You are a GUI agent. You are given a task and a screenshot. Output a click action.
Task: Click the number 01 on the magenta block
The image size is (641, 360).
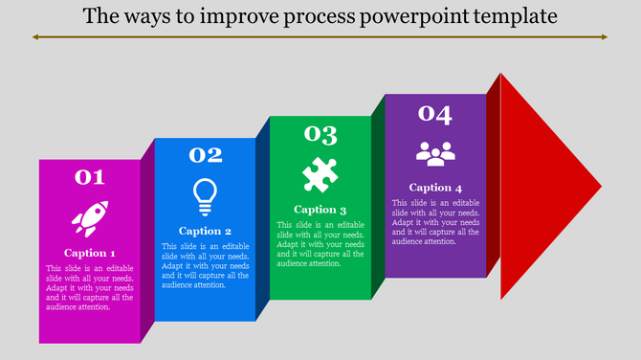pyautogui.click(x=89, y=177)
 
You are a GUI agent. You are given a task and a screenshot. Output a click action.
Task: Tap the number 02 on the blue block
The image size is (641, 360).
pyautogui.click(x=205, y=155)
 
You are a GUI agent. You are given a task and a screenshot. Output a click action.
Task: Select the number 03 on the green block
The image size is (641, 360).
pyautogui.click(x=320, y=134)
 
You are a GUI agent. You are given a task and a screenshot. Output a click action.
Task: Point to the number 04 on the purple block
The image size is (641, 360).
pyautogui.click(x=435, y=114)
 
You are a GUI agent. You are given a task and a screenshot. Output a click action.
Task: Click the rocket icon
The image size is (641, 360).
pyautogui.click(x=89, y=219)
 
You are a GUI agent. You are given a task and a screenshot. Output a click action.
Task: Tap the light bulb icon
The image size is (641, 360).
pyautogui.click(x=205, y=195)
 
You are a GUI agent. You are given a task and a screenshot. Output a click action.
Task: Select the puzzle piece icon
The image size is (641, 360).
pyautogui.click(x=320, y=174)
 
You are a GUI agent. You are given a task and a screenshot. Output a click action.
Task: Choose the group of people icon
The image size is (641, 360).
pyautogui.click(x=435, y=152)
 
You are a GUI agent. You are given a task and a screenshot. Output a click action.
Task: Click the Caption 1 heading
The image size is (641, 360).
pyautogui.click(x=89, y=253)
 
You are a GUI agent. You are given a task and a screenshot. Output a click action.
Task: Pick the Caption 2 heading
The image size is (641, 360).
pyautogui.click(x=205, y=231)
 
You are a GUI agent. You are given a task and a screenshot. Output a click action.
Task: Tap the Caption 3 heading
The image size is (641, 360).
pyautogui.click(x=320, y=210)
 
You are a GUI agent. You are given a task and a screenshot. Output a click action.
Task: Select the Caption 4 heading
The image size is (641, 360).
pyautogui.click(x=435, y=188)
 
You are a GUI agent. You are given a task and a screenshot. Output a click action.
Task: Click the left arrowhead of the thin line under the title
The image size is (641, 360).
pyautogui.click(x=35, y=37)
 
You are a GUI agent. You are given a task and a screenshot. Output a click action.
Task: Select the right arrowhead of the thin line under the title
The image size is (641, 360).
pyautogui.click(x=605, y=37)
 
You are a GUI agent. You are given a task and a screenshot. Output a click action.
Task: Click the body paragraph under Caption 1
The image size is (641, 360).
pyautogui.click(x=89, y=287)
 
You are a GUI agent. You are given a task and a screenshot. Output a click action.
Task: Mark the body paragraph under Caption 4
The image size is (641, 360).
pyautogui.click(x=435, y=222)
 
